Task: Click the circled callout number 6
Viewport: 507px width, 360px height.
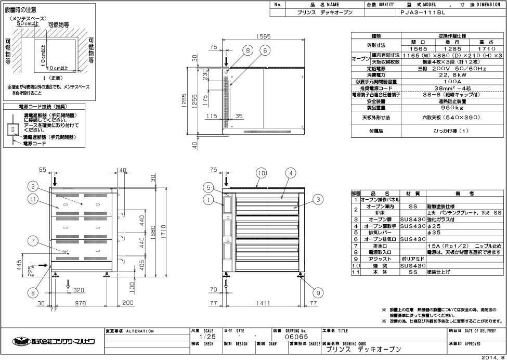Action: pos(265,50)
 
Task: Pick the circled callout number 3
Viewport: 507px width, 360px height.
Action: pos(318,198)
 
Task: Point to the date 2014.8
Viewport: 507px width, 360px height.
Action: pos(492,356)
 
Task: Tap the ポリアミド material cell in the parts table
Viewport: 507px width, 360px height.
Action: pos(413,259)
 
